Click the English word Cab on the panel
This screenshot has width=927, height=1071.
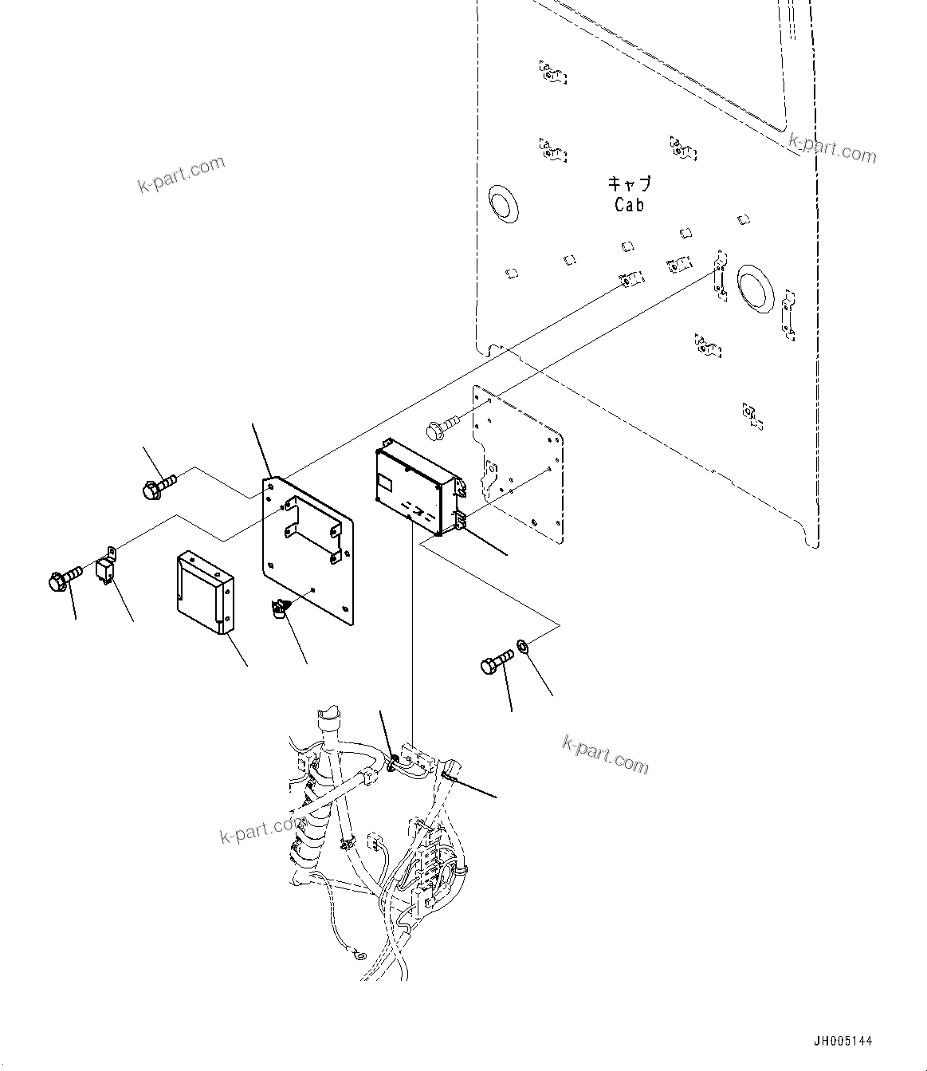pos(629,205)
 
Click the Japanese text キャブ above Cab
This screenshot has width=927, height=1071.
pos(630,184)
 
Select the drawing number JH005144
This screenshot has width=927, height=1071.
pos(843,1041)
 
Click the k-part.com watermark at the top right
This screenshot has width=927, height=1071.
pos(832,148)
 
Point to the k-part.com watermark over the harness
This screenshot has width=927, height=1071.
pos(261,829)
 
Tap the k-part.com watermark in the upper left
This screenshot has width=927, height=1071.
pos(182,175)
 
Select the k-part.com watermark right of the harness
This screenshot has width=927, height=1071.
pos(606,754)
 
